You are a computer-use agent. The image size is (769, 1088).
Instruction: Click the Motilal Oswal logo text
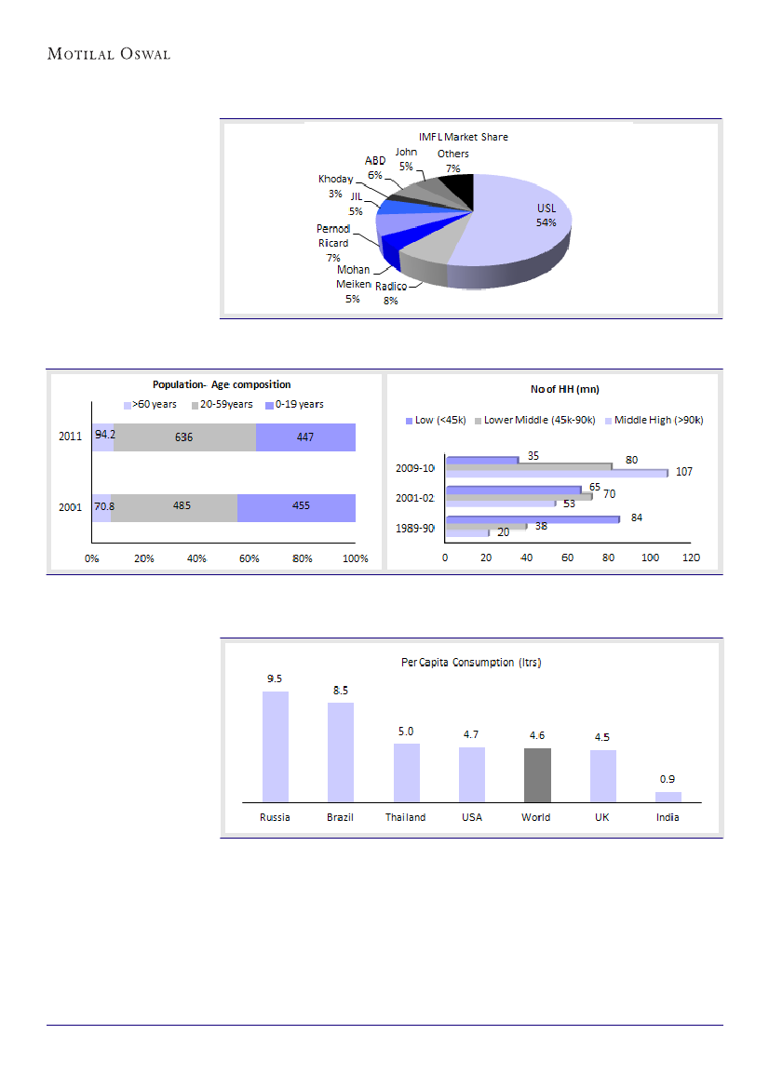point(109,54)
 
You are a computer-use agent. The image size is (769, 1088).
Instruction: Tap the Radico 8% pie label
point(391,293)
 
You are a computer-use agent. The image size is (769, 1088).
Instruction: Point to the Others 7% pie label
point(453,160)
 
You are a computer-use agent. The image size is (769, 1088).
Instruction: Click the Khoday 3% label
point(336,185)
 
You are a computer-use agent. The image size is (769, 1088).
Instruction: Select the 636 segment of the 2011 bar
point(184,437)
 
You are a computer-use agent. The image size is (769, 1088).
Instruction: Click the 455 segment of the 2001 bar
point(296,507)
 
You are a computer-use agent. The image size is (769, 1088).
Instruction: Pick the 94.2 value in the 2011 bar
point(104,435)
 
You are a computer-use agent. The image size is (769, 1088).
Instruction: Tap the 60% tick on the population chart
point(250,558)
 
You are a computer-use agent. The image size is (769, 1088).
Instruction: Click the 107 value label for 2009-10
point(684,472)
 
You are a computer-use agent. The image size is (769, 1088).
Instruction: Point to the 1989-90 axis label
point(414,528)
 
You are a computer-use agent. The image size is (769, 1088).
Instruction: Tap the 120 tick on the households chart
point(691,558)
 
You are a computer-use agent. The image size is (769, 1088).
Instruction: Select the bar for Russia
point(276,745)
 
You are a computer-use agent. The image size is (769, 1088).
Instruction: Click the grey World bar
point(537,774)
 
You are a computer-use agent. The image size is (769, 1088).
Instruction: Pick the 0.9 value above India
point(668,778)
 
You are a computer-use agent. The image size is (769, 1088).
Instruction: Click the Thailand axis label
point(406,817)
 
